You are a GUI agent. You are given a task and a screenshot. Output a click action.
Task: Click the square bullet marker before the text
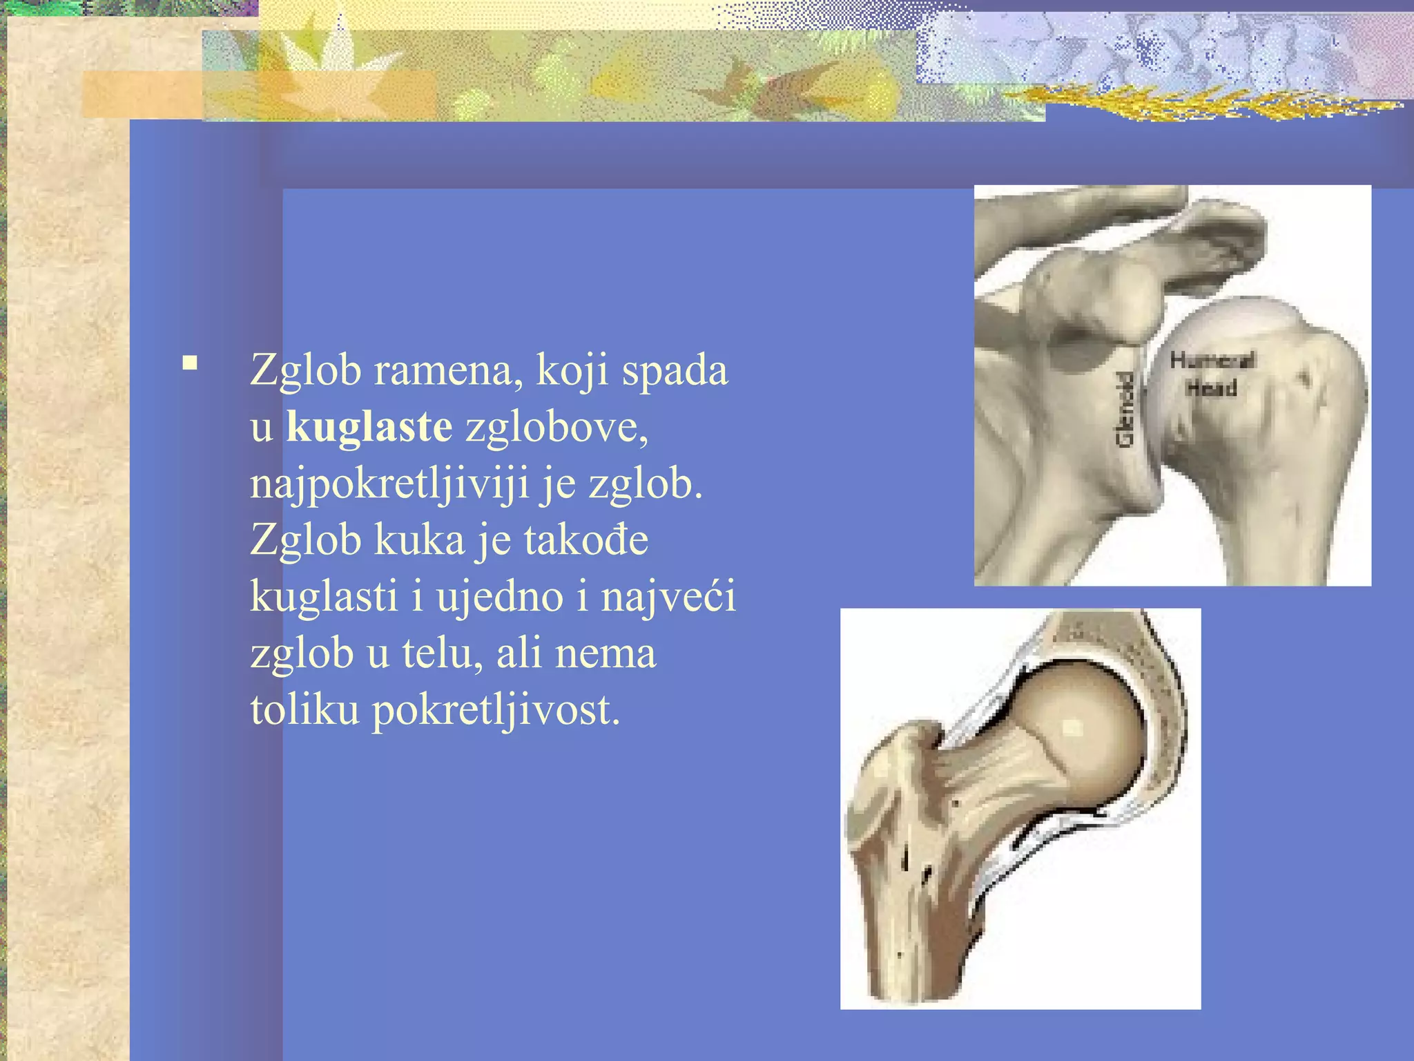(x=190, y=363)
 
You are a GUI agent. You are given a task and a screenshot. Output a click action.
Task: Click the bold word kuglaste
(x=369, y=427)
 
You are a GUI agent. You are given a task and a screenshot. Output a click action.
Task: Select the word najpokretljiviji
(x=389, y=484)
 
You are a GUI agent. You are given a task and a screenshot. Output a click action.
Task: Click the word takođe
(x=586, y=539)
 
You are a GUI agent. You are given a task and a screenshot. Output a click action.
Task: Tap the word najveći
(x=668, y=597)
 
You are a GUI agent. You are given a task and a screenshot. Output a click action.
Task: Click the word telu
(x=443, y=653)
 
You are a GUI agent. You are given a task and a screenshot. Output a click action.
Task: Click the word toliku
(x=304, y=709)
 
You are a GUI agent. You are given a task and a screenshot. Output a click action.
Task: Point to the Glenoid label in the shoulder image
(x=1125, y=409)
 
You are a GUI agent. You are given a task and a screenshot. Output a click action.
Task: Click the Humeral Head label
(x=1212, y=374)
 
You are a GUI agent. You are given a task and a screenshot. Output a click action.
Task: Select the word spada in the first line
(x=675, y=370)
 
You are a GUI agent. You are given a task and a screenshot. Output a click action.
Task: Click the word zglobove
(x=557, y=427)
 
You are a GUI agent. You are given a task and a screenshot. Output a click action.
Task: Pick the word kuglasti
(x=324, y=597)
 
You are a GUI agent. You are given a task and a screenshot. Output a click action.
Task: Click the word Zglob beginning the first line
(x=306, y=370)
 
